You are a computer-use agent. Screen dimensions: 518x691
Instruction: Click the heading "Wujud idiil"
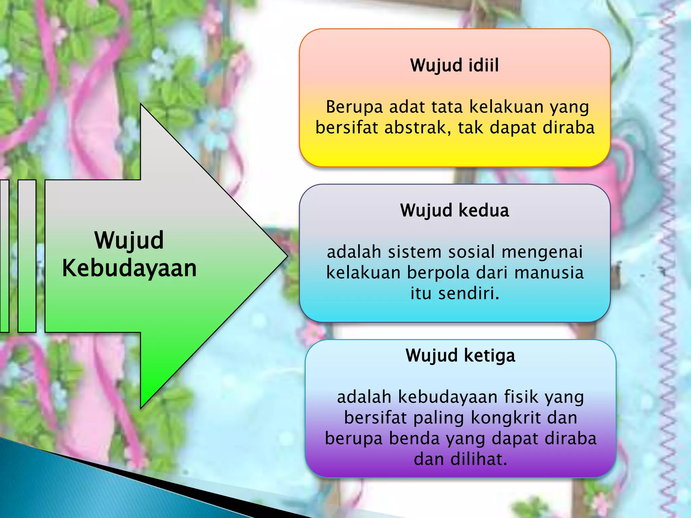(454, 65)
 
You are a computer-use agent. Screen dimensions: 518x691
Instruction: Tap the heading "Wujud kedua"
(454, 210)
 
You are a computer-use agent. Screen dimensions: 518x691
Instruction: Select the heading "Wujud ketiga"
(460, 355)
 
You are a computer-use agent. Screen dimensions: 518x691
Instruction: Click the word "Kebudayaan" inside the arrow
(129, 268)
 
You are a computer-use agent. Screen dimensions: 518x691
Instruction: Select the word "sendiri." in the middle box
(469, 293)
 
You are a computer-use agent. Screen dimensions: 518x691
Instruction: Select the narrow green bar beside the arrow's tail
(27, 256)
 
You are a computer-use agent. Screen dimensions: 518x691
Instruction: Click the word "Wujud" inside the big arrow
(129, 240)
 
